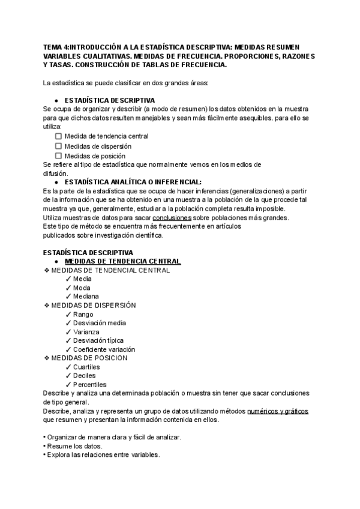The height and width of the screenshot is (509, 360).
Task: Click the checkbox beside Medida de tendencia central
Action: click(x=58, y=136)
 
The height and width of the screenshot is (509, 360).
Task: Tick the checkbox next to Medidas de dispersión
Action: click(x=58, y=146)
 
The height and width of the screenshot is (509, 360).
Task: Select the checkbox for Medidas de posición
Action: click(x=58, y=156)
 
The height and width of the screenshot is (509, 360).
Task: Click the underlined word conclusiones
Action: click(x=172, y=217)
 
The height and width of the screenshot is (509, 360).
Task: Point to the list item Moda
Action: click(x=82, y=288)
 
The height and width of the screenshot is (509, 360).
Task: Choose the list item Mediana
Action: click(x=86, y=297)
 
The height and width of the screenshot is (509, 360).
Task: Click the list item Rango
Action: click(x=84, y=315)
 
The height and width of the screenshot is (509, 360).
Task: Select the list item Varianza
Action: click(x=86, y=332)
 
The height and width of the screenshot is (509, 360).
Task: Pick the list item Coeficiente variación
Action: click(x=104, y=349)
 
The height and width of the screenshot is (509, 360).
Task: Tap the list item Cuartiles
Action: click(x=86, y=367)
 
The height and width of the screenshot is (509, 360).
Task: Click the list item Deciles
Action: click(x=85, y=376)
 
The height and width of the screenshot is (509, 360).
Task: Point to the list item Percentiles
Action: click(x=89, y=384)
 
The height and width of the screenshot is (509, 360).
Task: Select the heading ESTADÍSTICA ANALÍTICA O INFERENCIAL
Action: click(x=133, y=181)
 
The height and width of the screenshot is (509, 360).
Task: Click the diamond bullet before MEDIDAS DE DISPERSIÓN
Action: click(x=47, y=306)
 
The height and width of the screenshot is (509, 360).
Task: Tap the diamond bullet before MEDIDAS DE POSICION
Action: click(x=47, y=358)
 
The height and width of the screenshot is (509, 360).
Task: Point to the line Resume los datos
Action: click(x=74, y=446)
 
